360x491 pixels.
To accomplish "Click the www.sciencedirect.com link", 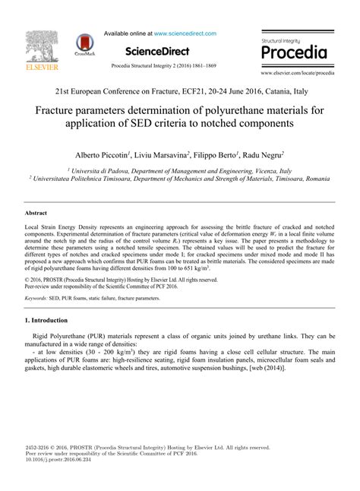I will click(185, 33).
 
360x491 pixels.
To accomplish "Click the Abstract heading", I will click(36, 214).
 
